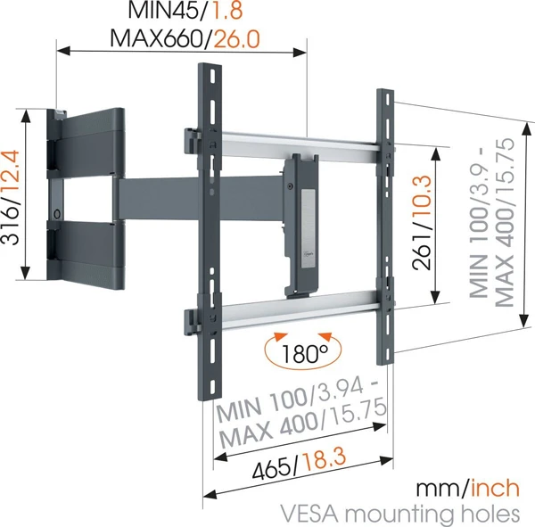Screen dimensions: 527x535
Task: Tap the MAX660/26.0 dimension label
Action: click(185, 39)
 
